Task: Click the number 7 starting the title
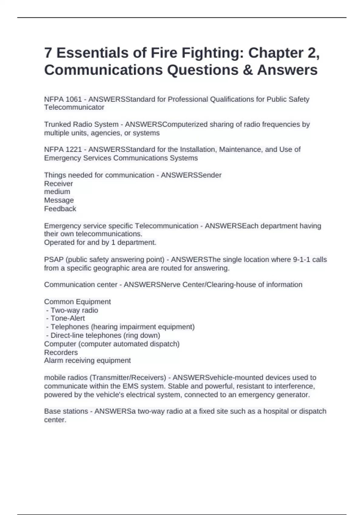click(x=48, y=53)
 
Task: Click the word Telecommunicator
click(x=74, y=107)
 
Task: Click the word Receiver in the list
click(x=59, y=184)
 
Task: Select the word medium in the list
click(x=57, y=192)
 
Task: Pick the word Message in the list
click(x=59, y=200)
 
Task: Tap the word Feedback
click(x=60, y=209)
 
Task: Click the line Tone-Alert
click(x=68, y=318)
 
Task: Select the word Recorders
click(x=61, y=352)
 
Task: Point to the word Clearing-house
click(x=231, y=285)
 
